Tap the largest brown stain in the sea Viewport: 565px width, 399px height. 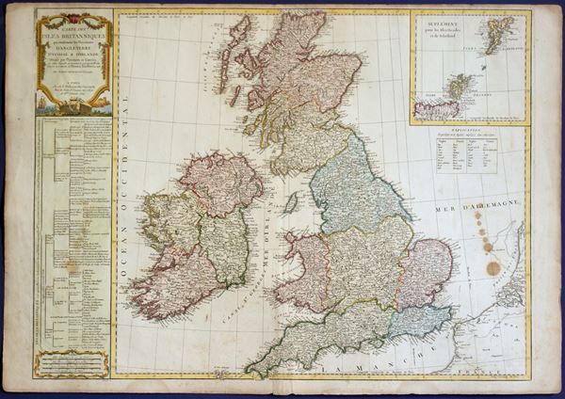[x=493, y=269]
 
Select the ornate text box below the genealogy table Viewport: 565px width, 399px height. [x=73, y=364]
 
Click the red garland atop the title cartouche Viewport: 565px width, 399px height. [x=73, y=13]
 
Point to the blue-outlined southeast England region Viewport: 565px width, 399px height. [x=420, y=321]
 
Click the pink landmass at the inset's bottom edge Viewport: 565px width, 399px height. [x=435, y=109]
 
